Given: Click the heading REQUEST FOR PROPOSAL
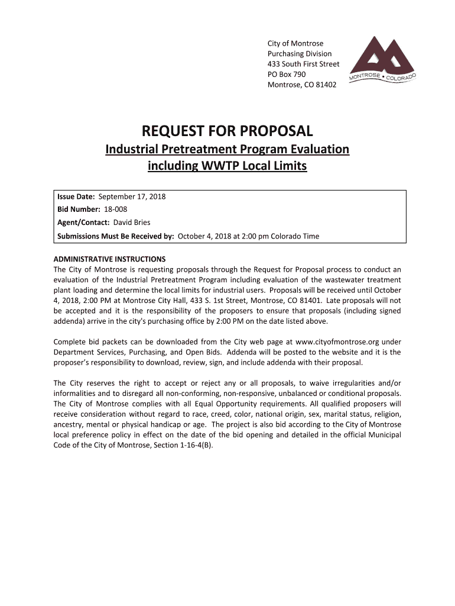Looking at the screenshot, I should coord(227,131).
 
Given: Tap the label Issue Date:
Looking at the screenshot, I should coord(76,196).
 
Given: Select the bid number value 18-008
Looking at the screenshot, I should coord(117,209).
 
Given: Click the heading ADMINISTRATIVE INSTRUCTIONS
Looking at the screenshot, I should coord(109,259).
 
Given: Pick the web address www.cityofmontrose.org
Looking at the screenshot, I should coord(337,342).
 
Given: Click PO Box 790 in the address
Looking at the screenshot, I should coord(287,75).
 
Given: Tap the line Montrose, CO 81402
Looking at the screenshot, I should coord(302,85).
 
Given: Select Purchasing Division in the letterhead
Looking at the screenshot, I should coord(300,54).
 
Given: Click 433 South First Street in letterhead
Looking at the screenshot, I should coord(304,64).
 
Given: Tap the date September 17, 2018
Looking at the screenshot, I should coord(132,196).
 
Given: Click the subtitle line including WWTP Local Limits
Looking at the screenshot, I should coord(227,166).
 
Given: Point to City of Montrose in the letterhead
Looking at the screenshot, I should coord(295,44).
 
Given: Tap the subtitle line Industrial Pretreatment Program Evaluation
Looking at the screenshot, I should coord(227,149).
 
